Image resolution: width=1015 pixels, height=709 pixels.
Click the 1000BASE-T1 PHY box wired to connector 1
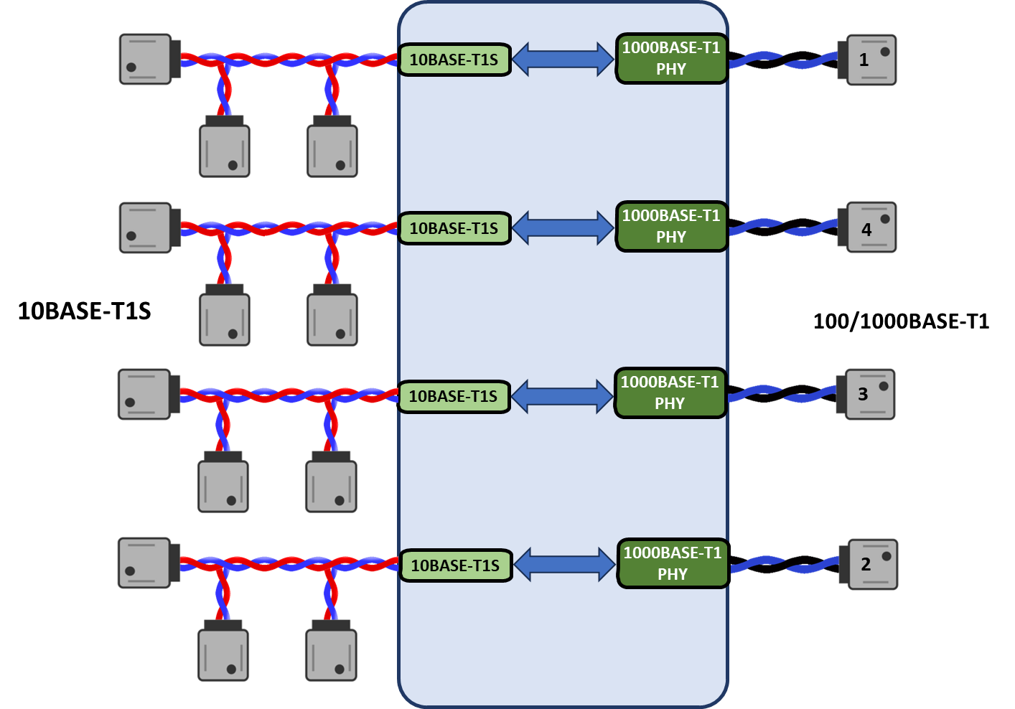pos(671,59)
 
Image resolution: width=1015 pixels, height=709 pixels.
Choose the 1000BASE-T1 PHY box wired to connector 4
pos(671,227)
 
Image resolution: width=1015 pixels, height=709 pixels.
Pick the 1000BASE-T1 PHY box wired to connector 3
pos(670,393)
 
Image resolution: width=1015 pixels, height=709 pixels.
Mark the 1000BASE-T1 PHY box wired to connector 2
pos(673,564)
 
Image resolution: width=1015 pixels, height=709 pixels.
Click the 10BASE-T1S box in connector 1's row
pos(454,60)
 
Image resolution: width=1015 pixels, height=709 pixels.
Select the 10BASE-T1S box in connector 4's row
pos(454,229)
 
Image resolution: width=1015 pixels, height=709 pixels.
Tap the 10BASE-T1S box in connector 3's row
pos(454,397)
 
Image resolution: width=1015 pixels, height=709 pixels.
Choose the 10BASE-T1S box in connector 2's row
pos(456,566)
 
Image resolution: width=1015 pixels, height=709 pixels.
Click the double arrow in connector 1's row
pos(563,59)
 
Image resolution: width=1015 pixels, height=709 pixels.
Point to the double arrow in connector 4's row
pos(563,228)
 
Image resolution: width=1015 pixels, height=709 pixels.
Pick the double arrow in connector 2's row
pos(565,565)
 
